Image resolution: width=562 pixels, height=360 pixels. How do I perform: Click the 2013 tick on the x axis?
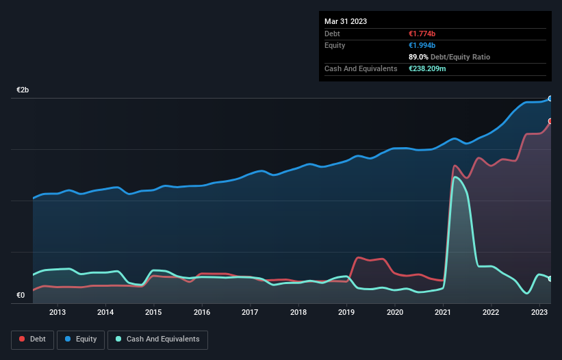(x=58, y=313)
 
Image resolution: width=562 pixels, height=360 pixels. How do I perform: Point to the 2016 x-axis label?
(x=202, y=313)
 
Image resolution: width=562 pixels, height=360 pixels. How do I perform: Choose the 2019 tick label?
(x=346, y=313)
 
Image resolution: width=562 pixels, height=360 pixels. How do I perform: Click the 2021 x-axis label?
(x=443, y=313)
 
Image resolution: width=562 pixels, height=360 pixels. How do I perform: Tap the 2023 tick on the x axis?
(x=539, y=313)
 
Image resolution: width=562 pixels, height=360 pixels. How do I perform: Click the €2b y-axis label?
(x=23, y=90)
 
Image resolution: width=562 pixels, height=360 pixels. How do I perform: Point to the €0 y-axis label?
(x=21, y=296)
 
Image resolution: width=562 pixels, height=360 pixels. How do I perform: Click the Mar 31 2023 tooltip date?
(x=346, y=21)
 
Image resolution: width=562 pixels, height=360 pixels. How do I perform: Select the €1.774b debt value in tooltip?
(x=423, y=34)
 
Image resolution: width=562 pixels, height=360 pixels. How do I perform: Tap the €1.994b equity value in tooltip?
(x=423, y=45)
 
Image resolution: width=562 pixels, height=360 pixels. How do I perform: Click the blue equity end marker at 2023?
(x=550, y=99)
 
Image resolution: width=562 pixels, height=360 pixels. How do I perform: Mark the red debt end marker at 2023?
(x=550, y=121)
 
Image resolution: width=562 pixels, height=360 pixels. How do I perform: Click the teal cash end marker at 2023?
(x=550, y=279)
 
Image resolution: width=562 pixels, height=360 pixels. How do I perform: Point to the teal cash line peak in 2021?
(x=455, y=177)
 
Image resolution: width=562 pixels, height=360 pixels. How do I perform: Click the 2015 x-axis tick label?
(x=154, y=313)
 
